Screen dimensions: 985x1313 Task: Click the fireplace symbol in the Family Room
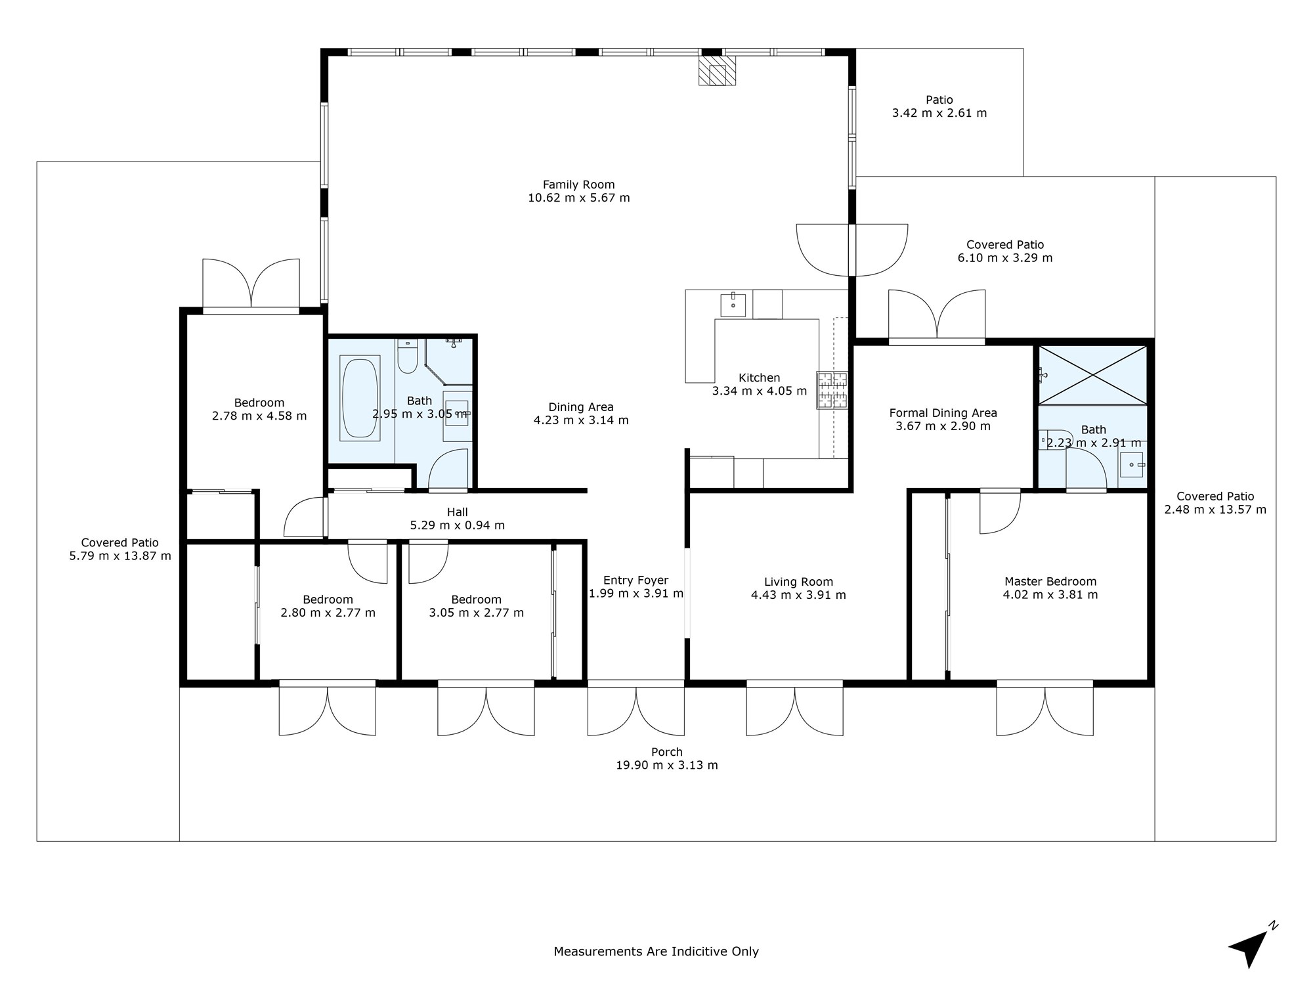(717, 71)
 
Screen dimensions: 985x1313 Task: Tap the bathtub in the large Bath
(360, 398)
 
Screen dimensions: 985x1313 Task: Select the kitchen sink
(733, 305)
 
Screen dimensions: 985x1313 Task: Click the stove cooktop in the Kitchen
(832, 390)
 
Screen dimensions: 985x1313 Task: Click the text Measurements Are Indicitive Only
(656, 952)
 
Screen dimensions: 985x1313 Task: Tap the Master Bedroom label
(1050, 582)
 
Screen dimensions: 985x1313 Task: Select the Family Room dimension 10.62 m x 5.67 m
(578, 198)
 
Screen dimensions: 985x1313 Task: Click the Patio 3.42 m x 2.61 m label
(939, 106)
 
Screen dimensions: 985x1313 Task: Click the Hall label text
(457, 512)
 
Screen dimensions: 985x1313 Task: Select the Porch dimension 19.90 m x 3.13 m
(666, 765)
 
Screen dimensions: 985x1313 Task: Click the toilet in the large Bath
(407, 357)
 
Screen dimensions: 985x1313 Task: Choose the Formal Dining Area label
(943, 413)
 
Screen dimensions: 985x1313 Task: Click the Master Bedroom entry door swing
(1000, 512)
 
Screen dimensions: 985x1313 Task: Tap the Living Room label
(798, 582)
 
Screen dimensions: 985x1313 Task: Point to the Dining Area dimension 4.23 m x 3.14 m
(580, 420)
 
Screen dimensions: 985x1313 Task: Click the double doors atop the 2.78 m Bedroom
(251, 284)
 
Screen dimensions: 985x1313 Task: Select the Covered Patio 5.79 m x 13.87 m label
(119, 550)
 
